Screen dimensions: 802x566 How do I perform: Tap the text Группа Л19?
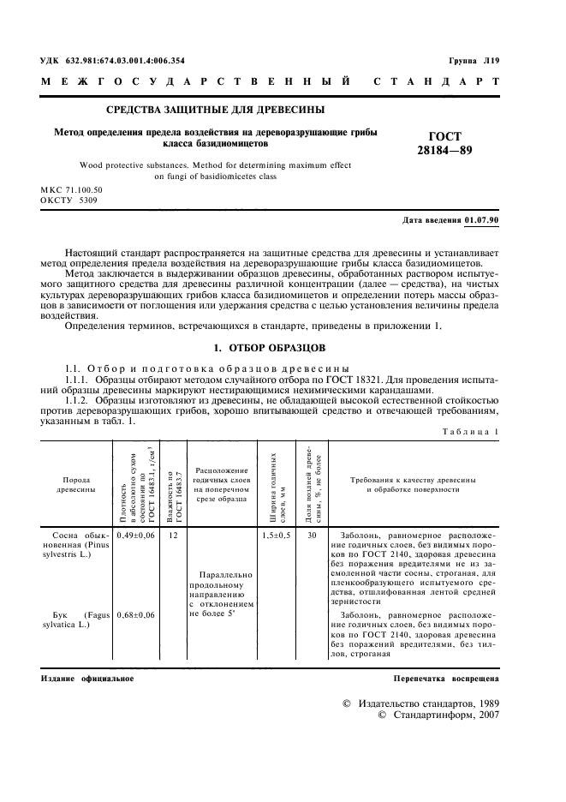tap(474, 61)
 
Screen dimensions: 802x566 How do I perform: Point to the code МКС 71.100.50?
tap(71, 188)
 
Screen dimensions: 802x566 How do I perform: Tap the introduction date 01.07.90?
tap(481, 220)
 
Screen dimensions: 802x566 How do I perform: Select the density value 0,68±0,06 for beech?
tap(135, 615)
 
